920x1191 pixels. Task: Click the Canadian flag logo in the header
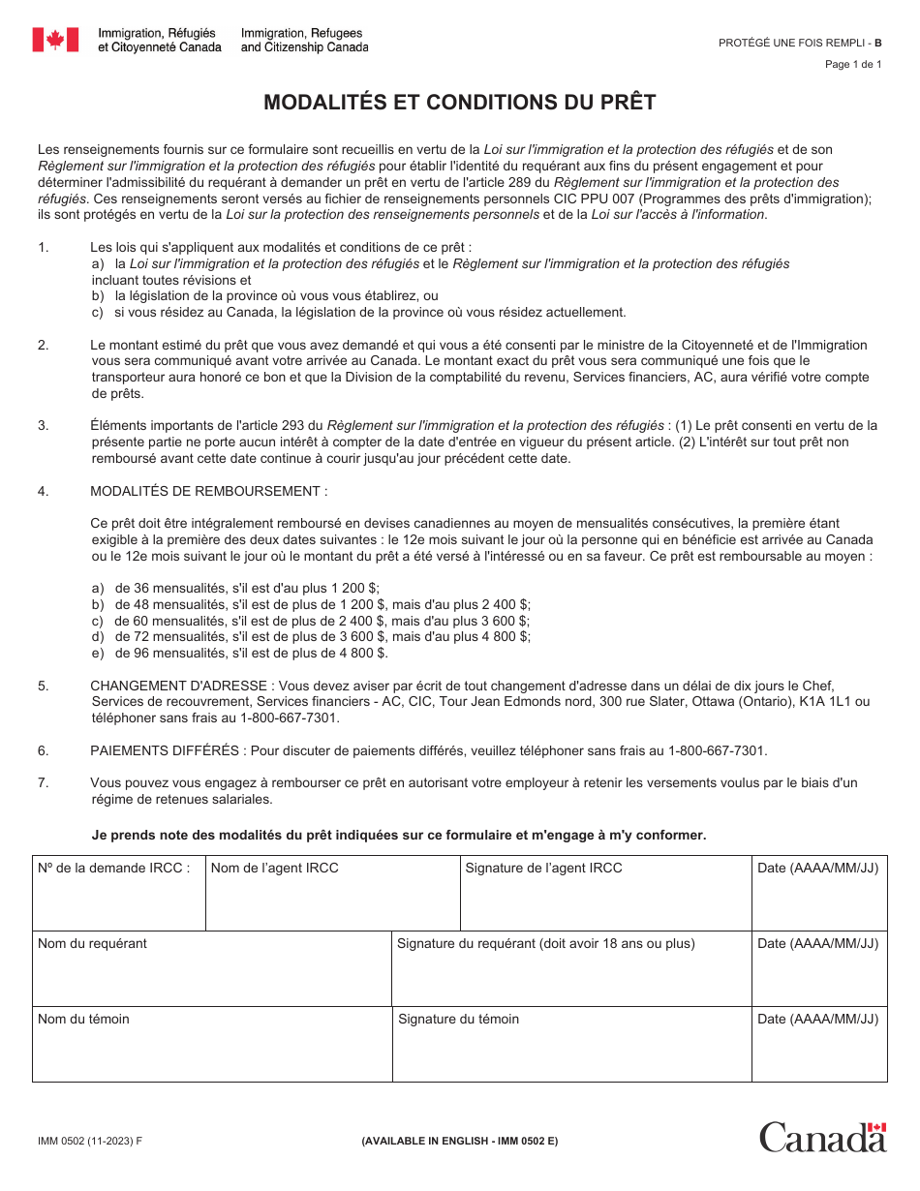pyautogui.click(x=55, y=40)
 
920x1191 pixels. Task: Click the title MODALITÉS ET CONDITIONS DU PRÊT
pyautogui.click(x=460, y=103)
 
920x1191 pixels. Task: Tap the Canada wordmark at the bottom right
pyautogui.click(x=822, y=1137)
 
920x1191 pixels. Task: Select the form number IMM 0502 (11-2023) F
pyautogui.click(x=89, y=1141)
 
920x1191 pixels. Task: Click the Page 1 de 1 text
pyautogui.click(x=853, y=65)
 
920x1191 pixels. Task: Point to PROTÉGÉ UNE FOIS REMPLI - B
pyautogui.click(x=800, y=43)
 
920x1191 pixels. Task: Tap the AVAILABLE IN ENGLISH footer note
pyautogui.click(x=460, y=1141)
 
